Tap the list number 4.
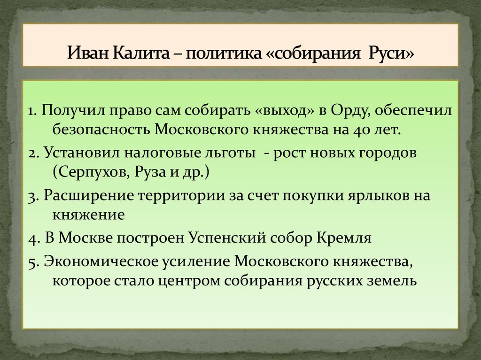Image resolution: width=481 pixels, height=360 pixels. (x=31, y=238)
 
